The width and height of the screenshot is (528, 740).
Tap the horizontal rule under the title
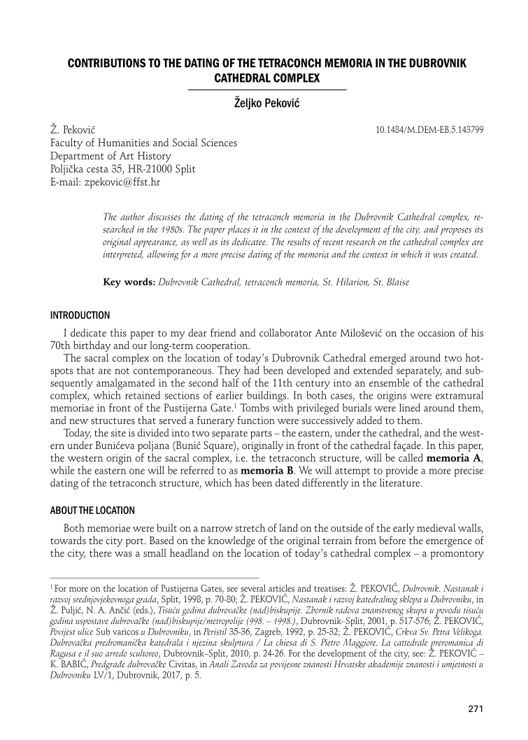267,90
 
